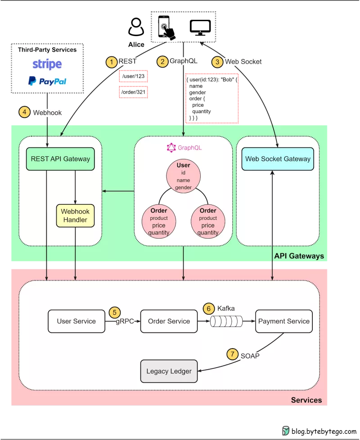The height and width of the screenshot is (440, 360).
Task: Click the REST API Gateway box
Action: [60, 159]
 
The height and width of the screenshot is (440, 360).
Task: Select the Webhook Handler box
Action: [75, 215]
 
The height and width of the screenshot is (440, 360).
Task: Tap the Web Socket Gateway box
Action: [278, 159]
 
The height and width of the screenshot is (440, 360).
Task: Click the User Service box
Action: [76, 321]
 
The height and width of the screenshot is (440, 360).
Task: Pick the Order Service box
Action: [169, 321]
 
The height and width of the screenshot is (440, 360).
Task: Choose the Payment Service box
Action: [283, 321]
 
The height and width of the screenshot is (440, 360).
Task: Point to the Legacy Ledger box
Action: [169, 371]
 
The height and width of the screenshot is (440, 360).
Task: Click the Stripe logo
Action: [47, 64]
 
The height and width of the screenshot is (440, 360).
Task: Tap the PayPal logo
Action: [47, 81]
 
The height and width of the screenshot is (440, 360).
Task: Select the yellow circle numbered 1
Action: [111, 62]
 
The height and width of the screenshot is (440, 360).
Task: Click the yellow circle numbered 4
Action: [24, 112]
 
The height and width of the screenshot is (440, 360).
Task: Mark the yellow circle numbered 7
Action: [232, 354]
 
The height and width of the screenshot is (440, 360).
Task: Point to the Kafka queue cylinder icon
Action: [226, 321]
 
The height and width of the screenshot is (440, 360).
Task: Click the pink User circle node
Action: [183, 176]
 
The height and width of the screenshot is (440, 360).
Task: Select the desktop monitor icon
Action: [200, 27]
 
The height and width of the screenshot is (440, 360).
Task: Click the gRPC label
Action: [125, 322]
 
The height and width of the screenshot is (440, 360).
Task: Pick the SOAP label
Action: [250, 355]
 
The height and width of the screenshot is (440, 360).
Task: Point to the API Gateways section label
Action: [299, 256]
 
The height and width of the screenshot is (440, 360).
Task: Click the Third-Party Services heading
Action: [47, 50]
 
